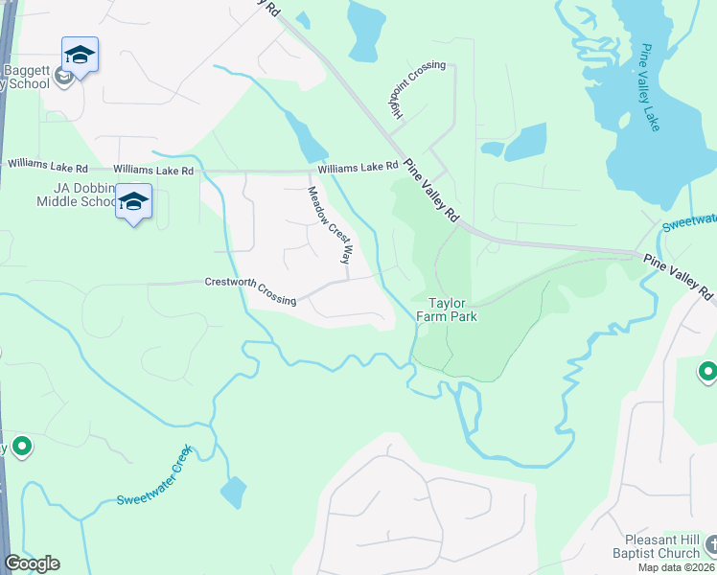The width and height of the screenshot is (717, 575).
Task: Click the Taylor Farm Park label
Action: tap(452, 308)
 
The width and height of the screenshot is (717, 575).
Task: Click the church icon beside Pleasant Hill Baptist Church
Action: tap(709, 545)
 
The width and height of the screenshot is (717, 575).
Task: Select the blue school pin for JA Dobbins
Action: tap(134, 202)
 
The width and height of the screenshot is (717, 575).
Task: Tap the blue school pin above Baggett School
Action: tap(80, 56)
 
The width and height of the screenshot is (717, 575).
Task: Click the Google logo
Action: tap(32, 563)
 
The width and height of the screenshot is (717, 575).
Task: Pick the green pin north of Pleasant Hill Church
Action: tap(708, 371)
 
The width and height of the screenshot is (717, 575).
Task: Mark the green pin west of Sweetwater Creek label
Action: tap(21, 447)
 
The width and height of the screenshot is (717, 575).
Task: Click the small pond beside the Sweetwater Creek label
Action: tap(233, 492)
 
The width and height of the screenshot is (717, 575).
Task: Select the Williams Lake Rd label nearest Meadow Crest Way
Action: tap(358, 167)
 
